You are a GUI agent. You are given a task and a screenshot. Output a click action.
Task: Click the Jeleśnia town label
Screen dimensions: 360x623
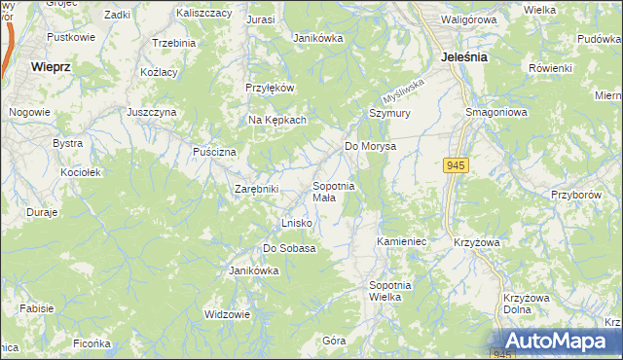point(463,57)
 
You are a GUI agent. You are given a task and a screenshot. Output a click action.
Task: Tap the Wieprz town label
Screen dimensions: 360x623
point(50,67)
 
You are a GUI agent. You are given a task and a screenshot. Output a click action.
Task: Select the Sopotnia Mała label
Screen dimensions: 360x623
point(333,191)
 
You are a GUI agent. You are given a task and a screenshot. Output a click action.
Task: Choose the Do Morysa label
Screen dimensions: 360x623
point(371,146)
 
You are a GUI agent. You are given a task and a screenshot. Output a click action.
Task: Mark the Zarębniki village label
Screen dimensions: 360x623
point(257,189)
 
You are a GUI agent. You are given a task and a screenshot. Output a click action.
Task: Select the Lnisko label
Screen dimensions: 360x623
point(296,223)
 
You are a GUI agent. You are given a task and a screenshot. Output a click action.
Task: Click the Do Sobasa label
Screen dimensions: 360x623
point(289,248)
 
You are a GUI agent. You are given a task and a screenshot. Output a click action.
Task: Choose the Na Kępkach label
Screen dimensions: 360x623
point(277,120)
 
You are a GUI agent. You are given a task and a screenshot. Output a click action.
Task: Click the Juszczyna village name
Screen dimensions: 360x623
point(151,112)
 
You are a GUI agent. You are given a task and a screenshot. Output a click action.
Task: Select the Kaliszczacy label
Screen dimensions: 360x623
point(204,14)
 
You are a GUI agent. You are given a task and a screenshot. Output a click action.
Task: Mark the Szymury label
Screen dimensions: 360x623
point(385,113)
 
